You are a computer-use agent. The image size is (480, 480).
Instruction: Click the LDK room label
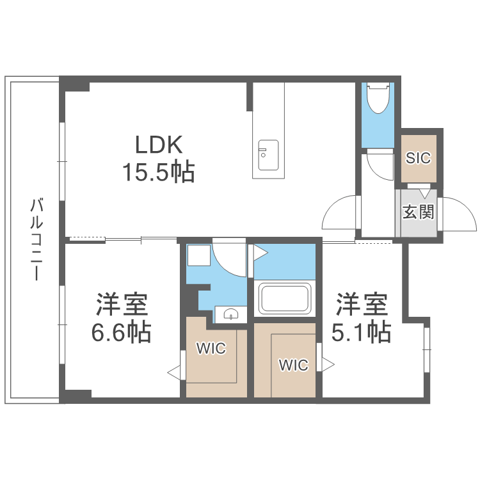pos(159,145)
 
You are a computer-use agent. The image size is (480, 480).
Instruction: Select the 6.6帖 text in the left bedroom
pos(122,332)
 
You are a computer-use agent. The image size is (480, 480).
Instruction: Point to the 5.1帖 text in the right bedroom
pos(362,332)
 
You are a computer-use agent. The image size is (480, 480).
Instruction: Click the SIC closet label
pos(419,158)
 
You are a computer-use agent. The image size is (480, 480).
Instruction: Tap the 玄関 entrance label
pos(419,212)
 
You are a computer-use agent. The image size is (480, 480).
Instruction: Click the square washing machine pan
pos(198,256)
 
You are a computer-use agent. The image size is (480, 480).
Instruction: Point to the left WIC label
pos(211,349)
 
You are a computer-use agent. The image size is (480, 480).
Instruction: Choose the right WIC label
pos(293,365)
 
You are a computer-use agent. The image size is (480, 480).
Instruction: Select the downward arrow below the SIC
pos(424,192)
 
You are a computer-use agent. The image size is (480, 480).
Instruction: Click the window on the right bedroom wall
pos(426,349)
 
